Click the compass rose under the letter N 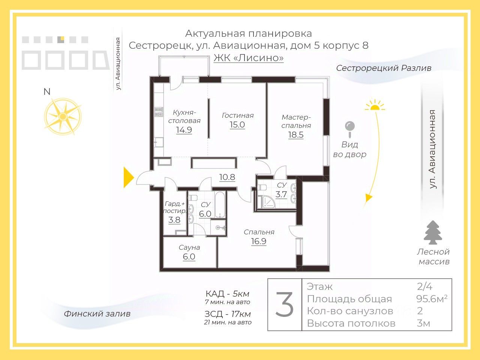[x=63, y=116]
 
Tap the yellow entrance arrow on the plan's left [x=129, y=177]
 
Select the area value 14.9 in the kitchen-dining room [x=184, y=130]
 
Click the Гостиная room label [x=238, y=115]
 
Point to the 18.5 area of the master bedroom [x=296, y=135]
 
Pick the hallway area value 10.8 [x=227, y=177]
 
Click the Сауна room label [x=189, y=247]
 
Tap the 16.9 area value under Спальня [x=259, y=241]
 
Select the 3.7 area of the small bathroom [x=281, y=194]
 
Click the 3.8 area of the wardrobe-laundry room [x=174, y=220]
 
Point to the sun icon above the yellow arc [x=375, y=105]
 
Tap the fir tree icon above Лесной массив [x=433, y=233]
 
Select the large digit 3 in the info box [x=285, y=305]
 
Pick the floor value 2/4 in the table [x=424, y=286]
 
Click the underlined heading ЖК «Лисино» [x=249, y=58]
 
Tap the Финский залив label [x=97, y=313]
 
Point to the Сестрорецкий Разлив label [x=384, y=68]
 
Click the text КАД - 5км [x=227, y=294]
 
